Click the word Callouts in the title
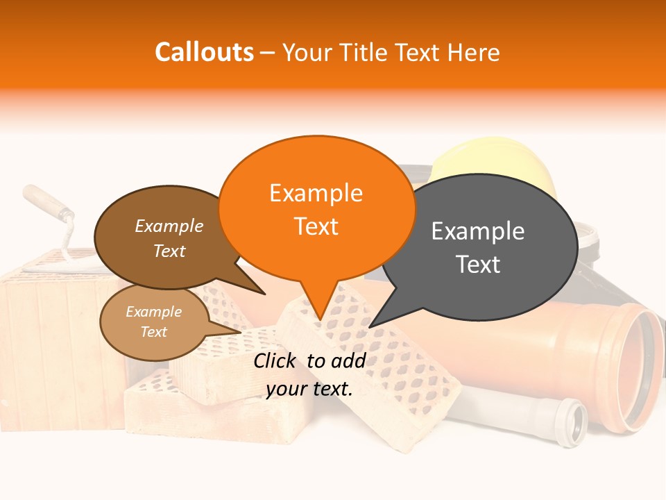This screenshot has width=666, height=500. pyautogui.click(x=204, y=52)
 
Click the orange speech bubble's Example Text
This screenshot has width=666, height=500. pyautogui.click(x=316, y=209)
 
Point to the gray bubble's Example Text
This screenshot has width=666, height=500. pyautogui.click(x=478, y=247)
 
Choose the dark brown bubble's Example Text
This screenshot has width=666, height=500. pyautogui.click(x=169, y=238)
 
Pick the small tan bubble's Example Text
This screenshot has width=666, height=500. pyautogui.click(x=153, y=322)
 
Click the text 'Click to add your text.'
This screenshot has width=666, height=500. pyautogui.click(x=309, y=374)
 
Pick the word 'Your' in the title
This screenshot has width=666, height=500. pyautogui.click(x=305, y=52)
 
